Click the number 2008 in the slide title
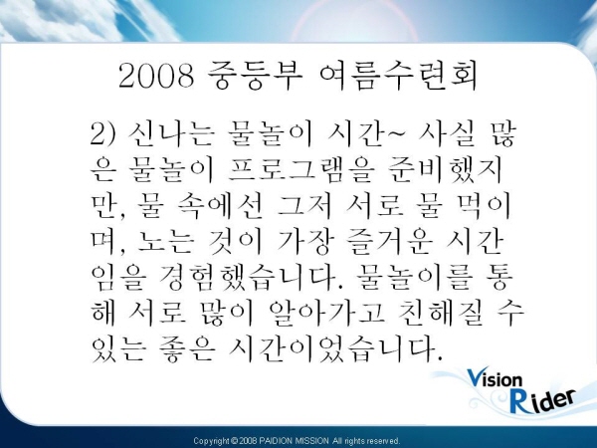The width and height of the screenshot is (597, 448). click(156, 76)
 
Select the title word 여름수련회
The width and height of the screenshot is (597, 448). click(398, 76)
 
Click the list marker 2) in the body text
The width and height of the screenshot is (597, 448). click(102, 134)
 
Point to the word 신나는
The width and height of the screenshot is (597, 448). click(170, 134)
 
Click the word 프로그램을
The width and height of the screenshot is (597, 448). click(299, 170)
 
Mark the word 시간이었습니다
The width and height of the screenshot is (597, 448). click(335, 348)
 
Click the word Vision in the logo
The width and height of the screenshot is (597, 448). click(495, 378)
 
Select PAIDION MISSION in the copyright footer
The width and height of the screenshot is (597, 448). click(295, 441)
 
